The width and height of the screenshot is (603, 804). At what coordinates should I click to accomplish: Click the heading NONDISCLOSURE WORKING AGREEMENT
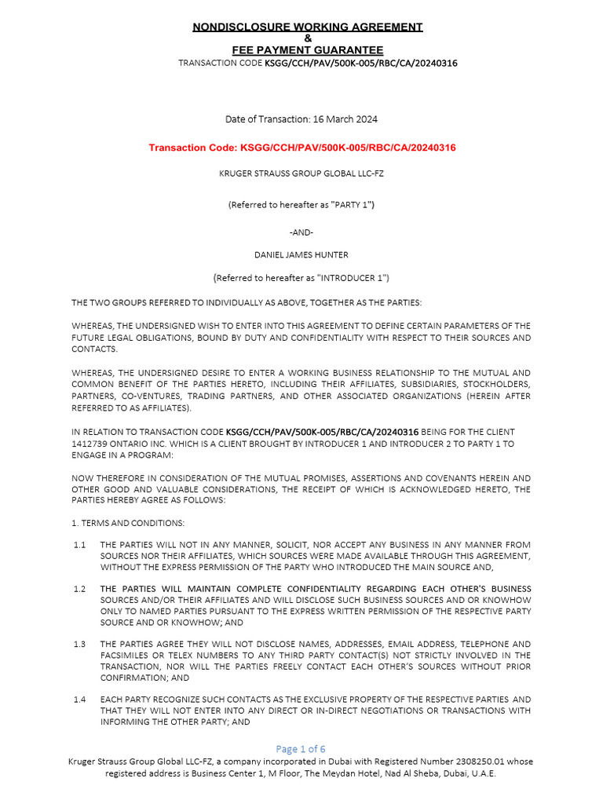308,27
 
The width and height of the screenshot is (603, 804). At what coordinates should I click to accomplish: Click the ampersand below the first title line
308,38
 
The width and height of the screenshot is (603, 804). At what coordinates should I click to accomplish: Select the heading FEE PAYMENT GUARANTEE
308,50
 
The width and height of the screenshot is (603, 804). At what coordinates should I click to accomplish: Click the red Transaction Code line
302,148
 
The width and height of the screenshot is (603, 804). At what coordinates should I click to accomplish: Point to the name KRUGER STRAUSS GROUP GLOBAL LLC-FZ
301,174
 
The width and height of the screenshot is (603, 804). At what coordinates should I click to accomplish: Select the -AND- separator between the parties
301,231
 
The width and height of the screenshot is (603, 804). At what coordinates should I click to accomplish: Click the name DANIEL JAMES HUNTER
301,254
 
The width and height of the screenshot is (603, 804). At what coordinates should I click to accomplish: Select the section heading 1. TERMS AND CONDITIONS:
117,522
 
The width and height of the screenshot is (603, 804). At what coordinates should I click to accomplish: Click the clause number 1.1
79,544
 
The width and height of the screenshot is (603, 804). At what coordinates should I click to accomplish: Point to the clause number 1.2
79,589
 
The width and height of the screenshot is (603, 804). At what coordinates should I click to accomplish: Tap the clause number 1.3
79,644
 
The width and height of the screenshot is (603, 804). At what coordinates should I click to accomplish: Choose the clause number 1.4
79,699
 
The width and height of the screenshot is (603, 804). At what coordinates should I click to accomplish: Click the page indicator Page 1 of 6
301,748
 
